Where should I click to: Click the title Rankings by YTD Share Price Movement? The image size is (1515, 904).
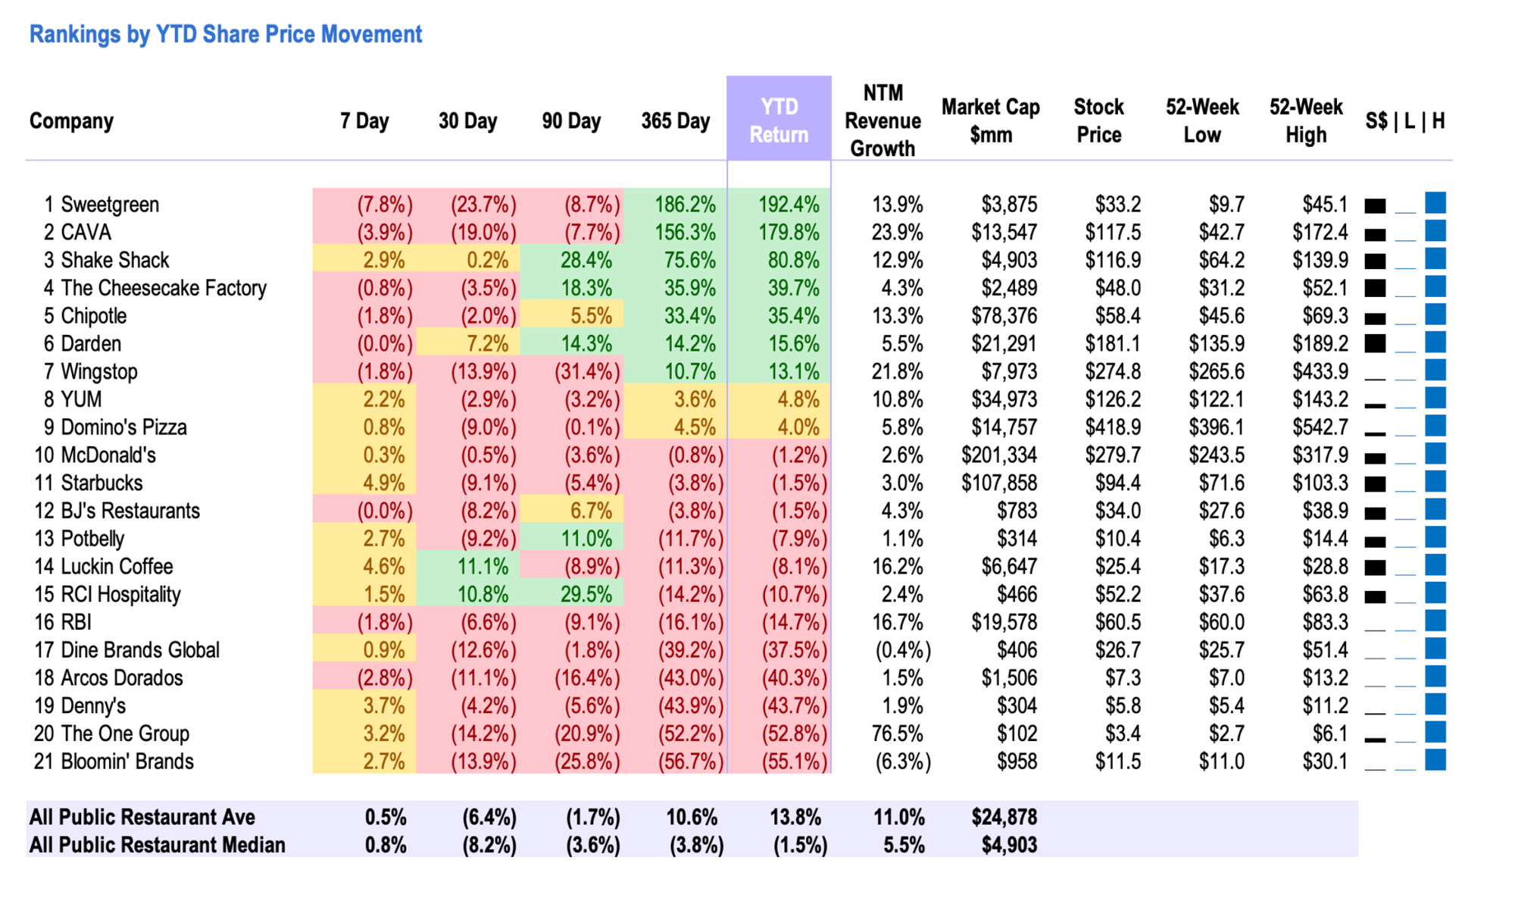click(x=225, y=34)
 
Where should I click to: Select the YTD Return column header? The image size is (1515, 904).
click(x=779, y=120)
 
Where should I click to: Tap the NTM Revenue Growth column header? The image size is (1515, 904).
click(x=882, y=120)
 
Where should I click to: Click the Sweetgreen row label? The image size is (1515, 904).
click(x=110, y=205)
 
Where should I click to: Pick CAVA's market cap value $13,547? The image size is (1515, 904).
click(x=1004, y=233)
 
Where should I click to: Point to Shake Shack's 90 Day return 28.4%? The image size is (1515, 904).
click(x=586, y=261)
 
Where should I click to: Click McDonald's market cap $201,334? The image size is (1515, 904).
click(x=998, y=455)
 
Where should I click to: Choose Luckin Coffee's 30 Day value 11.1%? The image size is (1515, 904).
click(x=483, y=567)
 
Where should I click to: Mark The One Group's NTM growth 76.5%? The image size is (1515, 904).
click(x=898, y=734)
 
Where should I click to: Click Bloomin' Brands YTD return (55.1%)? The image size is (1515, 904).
click(x=794, y=762)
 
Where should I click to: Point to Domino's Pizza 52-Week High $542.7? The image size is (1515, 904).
click(x=1320, y=427)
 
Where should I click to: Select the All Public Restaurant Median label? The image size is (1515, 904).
click(x=157, y=845)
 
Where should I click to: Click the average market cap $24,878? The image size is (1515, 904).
click(x=1004, y=817)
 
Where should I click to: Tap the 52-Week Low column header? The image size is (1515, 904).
click(x=1201, y=120)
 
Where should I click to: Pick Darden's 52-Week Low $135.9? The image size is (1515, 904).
click(x=1216, y=344)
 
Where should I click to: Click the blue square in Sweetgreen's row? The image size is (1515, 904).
click(x=1435, y=203)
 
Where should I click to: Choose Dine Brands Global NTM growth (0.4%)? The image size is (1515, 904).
click(x=902, y=650)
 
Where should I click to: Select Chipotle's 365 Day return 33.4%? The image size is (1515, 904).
click(x=689, y=316)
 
